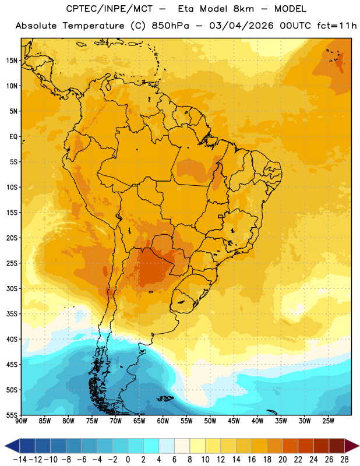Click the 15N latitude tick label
(x=12, y=61)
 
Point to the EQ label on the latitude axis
(x=13, y=137)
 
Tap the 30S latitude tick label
(x=12, y=288)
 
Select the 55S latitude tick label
(x=12, y=415)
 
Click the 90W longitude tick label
(x=21, y=421)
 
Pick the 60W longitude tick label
(x=163, y=421)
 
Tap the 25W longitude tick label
(x=328, y=421)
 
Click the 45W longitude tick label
(x=234, y=421)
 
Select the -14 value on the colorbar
(x=20, y=460)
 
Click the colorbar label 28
(x=344, y=460)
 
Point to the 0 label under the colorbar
(x=128, y=460)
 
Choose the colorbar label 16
(x=252, y=460)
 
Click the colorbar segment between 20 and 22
(x=291, y=446)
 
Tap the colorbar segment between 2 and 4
(x=151, y=446)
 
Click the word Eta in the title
(x=186, y=9)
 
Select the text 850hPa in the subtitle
(x=170, y=26)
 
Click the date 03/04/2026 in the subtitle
(x=241, y=26)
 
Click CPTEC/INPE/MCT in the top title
(x=110, y=9)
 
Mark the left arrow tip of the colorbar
(x=5, y=446)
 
